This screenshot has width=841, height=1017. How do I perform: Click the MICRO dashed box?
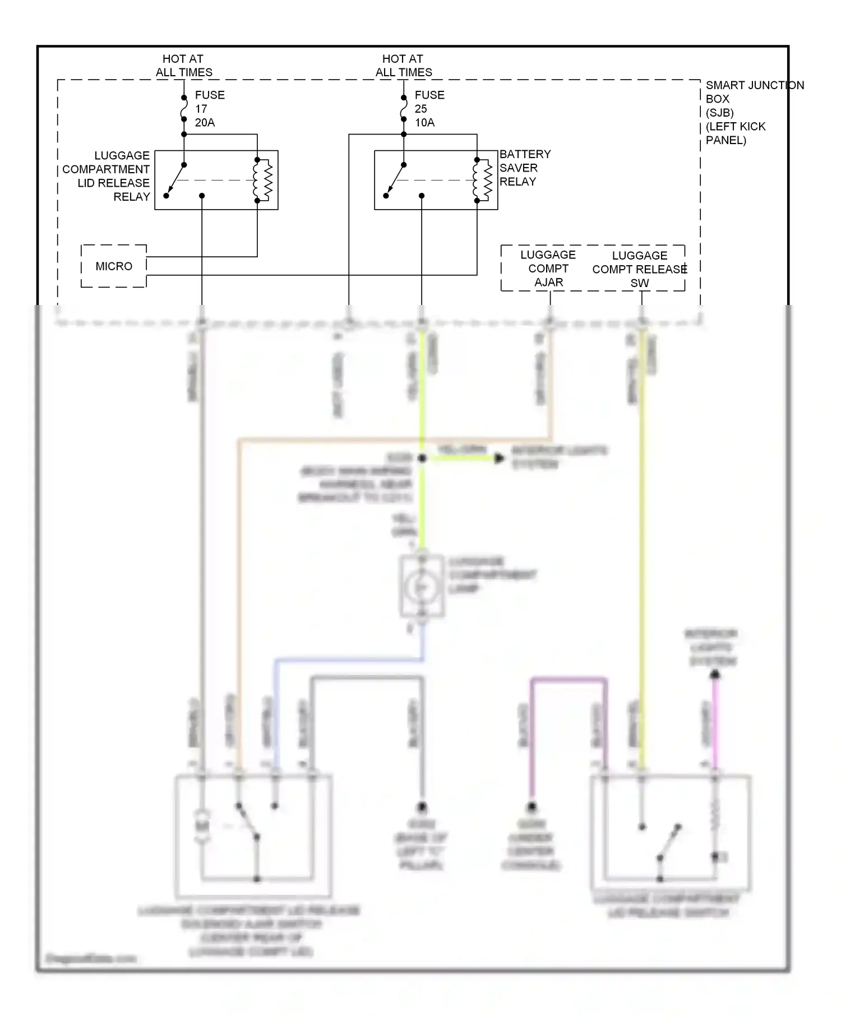(x=114, y=266)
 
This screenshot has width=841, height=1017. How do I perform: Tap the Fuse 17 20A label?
(x=209, y=109)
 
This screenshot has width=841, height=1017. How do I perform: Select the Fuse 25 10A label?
(x=428, y=109)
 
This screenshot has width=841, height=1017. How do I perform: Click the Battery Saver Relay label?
(x=525, y=168)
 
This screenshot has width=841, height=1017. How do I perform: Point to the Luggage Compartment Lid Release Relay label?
(x=107, y=176)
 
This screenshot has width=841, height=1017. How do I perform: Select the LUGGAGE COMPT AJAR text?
(x=548, y=269)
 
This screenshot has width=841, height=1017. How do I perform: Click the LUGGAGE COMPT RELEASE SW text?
(x=639, y=269)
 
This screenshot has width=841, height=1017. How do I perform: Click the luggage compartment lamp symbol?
(x=422, y=586)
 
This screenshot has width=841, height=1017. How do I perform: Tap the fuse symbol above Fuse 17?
(x=184, y=109)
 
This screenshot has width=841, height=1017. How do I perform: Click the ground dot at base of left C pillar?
(x=422, y=807)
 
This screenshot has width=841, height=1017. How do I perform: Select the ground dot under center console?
(x=531, y=807)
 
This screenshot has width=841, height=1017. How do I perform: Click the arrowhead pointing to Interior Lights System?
(x=498, y=459)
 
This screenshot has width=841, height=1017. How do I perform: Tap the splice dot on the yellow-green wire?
(x=422, y=459)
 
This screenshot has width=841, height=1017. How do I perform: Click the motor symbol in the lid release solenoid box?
(x=201, y=825)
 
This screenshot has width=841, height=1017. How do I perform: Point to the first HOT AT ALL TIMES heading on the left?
(x=183, y=66)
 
